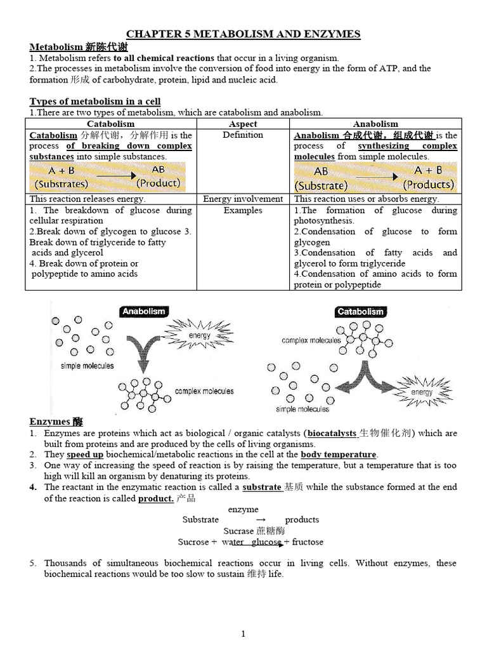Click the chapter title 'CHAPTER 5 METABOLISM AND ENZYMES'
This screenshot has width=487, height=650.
(x=243, y=34)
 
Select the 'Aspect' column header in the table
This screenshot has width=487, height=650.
(x=242, y=124)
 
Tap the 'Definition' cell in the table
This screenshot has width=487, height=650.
(x=242, y=135)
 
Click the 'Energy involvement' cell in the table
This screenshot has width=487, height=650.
(x=242, y=199)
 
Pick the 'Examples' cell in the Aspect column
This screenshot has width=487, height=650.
(x=242, y=210)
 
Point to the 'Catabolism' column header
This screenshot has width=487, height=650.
(x=110, y=124)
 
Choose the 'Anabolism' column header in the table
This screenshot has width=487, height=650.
(x=375, y=124)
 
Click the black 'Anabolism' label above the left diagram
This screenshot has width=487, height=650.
(x=143, y=311)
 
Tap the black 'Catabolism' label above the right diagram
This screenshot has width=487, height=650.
(x=360, y=311)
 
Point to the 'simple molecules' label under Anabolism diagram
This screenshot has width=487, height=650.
(x=88, y=366)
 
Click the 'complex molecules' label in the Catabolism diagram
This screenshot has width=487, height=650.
(x=311, y=340)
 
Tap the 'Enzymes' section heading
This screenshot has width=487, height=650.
(x=56, y=421)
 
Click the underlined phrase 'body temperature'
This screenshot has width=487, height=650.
(x=339, y=454)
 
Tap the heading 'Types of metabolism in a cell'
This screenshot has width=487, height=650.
(x=95, y=101)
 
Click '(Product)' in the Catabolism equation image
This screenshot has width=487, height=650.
(x=158, y=183)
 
